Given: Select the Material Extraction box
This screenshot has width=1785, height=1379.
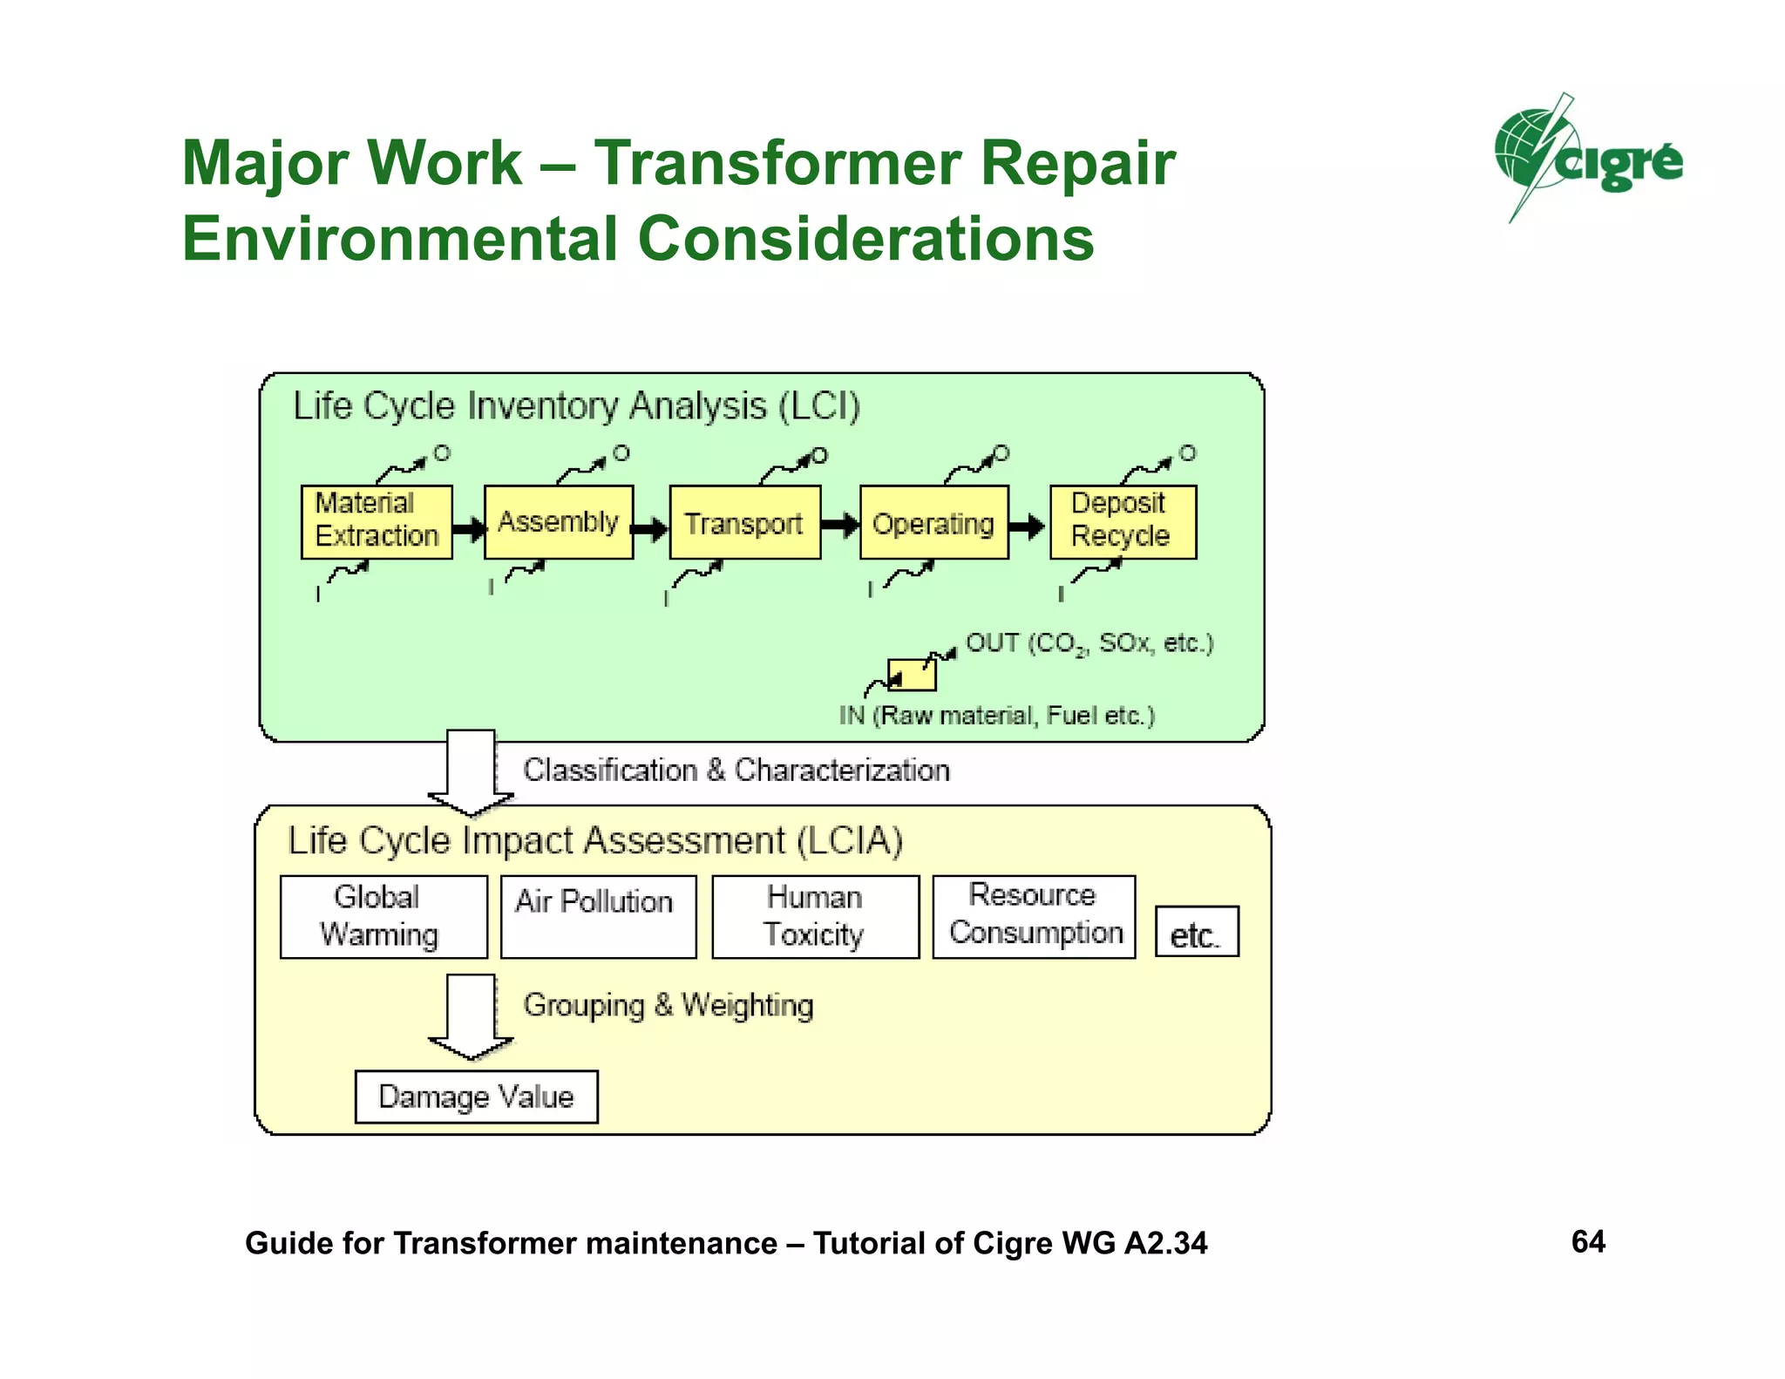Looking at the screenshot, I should coord(377,521).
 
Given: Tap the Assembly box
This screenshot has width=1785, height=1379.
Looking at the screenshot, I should coord(559,521).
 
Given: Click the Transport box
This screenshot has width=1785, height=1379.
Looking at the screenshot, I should coord(744,522).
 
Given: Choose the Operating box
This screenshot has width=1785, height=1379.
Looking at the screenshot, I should coord(933,522).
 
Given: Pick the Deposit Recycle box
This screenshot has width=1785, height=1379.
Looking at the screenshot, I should coord(1123,521).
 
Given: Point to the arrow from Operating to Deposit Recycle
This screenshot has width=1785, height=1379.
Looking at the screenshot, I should coord(1028,526).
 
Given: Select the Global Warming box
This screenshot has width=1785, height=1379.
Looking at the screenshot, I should coord(383,916).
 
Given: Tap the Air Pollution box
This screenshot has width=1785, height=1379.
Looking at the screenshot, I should coord(598,916).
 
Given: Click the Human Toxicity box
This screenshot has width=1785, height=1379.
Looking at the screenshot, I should coord(815,916).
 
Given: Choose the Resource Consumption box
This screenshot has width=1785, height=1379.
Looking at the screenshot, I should coord(1034,916).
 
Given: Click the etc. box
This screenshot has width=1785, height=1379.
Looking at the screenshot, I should coord(1196,932).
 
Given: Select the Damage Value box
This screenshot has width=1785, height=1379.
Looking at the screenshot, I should coord(476,1097).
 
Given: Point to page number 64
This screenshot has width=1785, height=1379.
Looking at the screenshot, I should coord(1588,1241).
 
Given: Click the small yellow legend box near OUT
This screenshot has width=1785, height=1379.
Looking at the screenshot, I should coord(912,675).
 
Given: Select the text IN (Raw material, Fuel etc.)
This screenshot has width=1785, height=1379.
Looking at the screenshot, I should coord(996,716).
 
